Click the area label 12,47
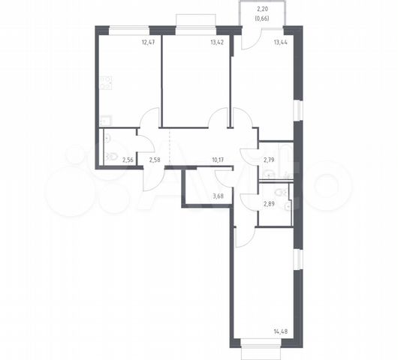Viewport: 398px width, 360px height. [x=148, y=42]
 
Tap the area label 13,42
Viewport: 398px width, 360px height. [x=217, y=42]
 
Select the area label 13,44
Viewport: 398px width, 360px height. [x=281, y=42]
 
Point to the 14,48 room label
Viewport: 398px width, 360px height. [x=281, y=331]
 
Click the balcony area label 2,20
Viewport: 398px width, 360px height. [x=263, y=10]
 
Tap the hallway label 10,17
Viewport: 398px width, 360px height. [x=218, y=160]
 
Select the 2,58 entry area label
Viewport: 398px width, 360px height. [x=155, y=160]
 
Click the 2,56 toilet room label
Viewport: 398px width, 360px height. [x=128, y=160]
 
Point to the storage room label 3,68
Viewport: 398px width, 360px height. [x=218, y=196]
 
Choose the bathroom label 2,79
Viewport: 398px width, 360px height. [x=269, y=160]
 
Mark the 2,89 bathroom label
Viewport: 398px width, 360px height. [x=269, y=203]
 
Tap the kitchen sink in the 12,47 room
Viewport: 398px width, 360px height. [x=106, y=120]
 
